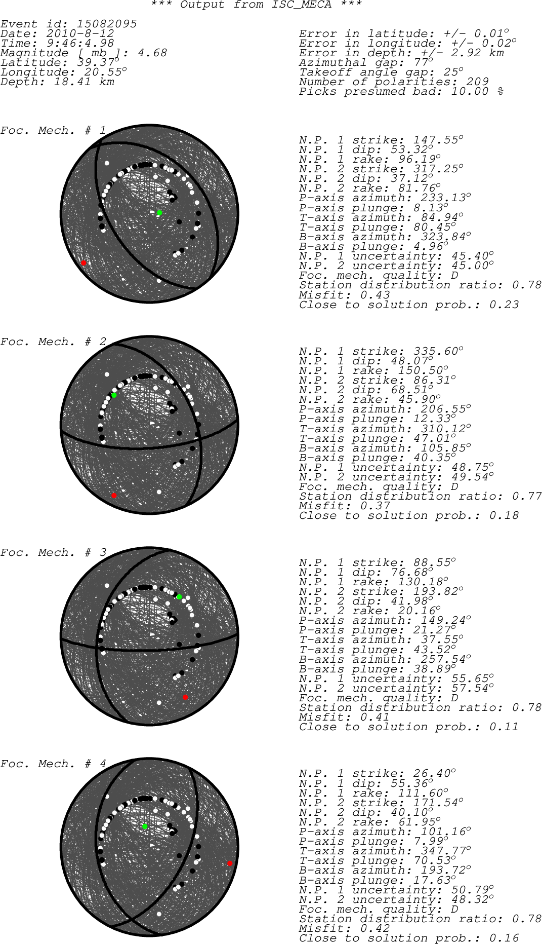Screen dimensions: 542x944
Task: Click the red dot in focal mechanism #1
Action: pos(84,263)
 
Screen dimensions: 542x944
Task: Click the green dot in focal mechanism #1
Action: pos(159,213)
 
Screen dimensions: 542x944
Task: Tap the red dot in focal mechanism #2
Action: pos(114,496)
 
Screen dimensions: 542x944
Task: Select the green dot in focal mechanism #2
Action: pos(114,395)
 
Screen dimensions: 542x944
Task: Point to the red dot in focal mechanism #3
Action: pos(186,698)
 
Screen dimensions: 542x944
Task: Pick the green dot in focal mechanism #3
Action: pos(179,597)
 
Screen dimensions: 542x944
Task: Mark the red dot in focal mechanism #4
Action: pos(230,863)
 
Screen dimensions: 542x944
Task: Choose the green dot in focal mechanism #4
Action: pos(145,826)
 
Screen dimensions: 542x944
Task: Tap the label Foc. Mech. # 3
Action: pos(53,553)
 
